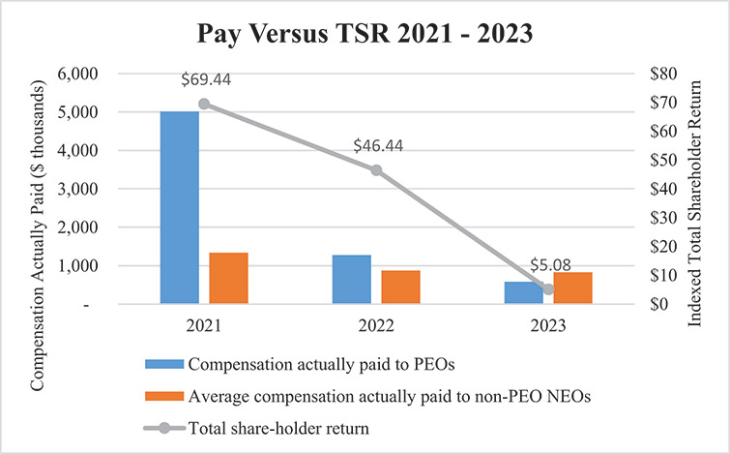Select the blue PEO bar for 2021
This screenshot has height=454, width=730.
(179, 207)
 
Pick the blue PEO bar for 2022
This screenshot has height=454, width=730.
(351, 279)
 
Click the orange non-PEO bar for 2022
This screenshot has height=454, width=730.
(400, 287)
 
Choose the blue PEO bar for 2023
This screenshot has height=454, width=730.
(523, 292)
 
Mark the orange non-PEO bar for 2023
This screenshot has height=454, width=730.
(572, 288)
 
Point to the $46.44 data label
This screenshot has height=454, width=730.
(376, 149)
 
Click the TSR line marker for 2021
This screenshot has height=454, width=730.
(204, 104)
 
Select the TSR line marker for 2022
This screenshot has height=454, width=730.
(376, 170)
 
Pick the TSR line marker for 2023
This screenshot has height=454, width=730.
(548, 288)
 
